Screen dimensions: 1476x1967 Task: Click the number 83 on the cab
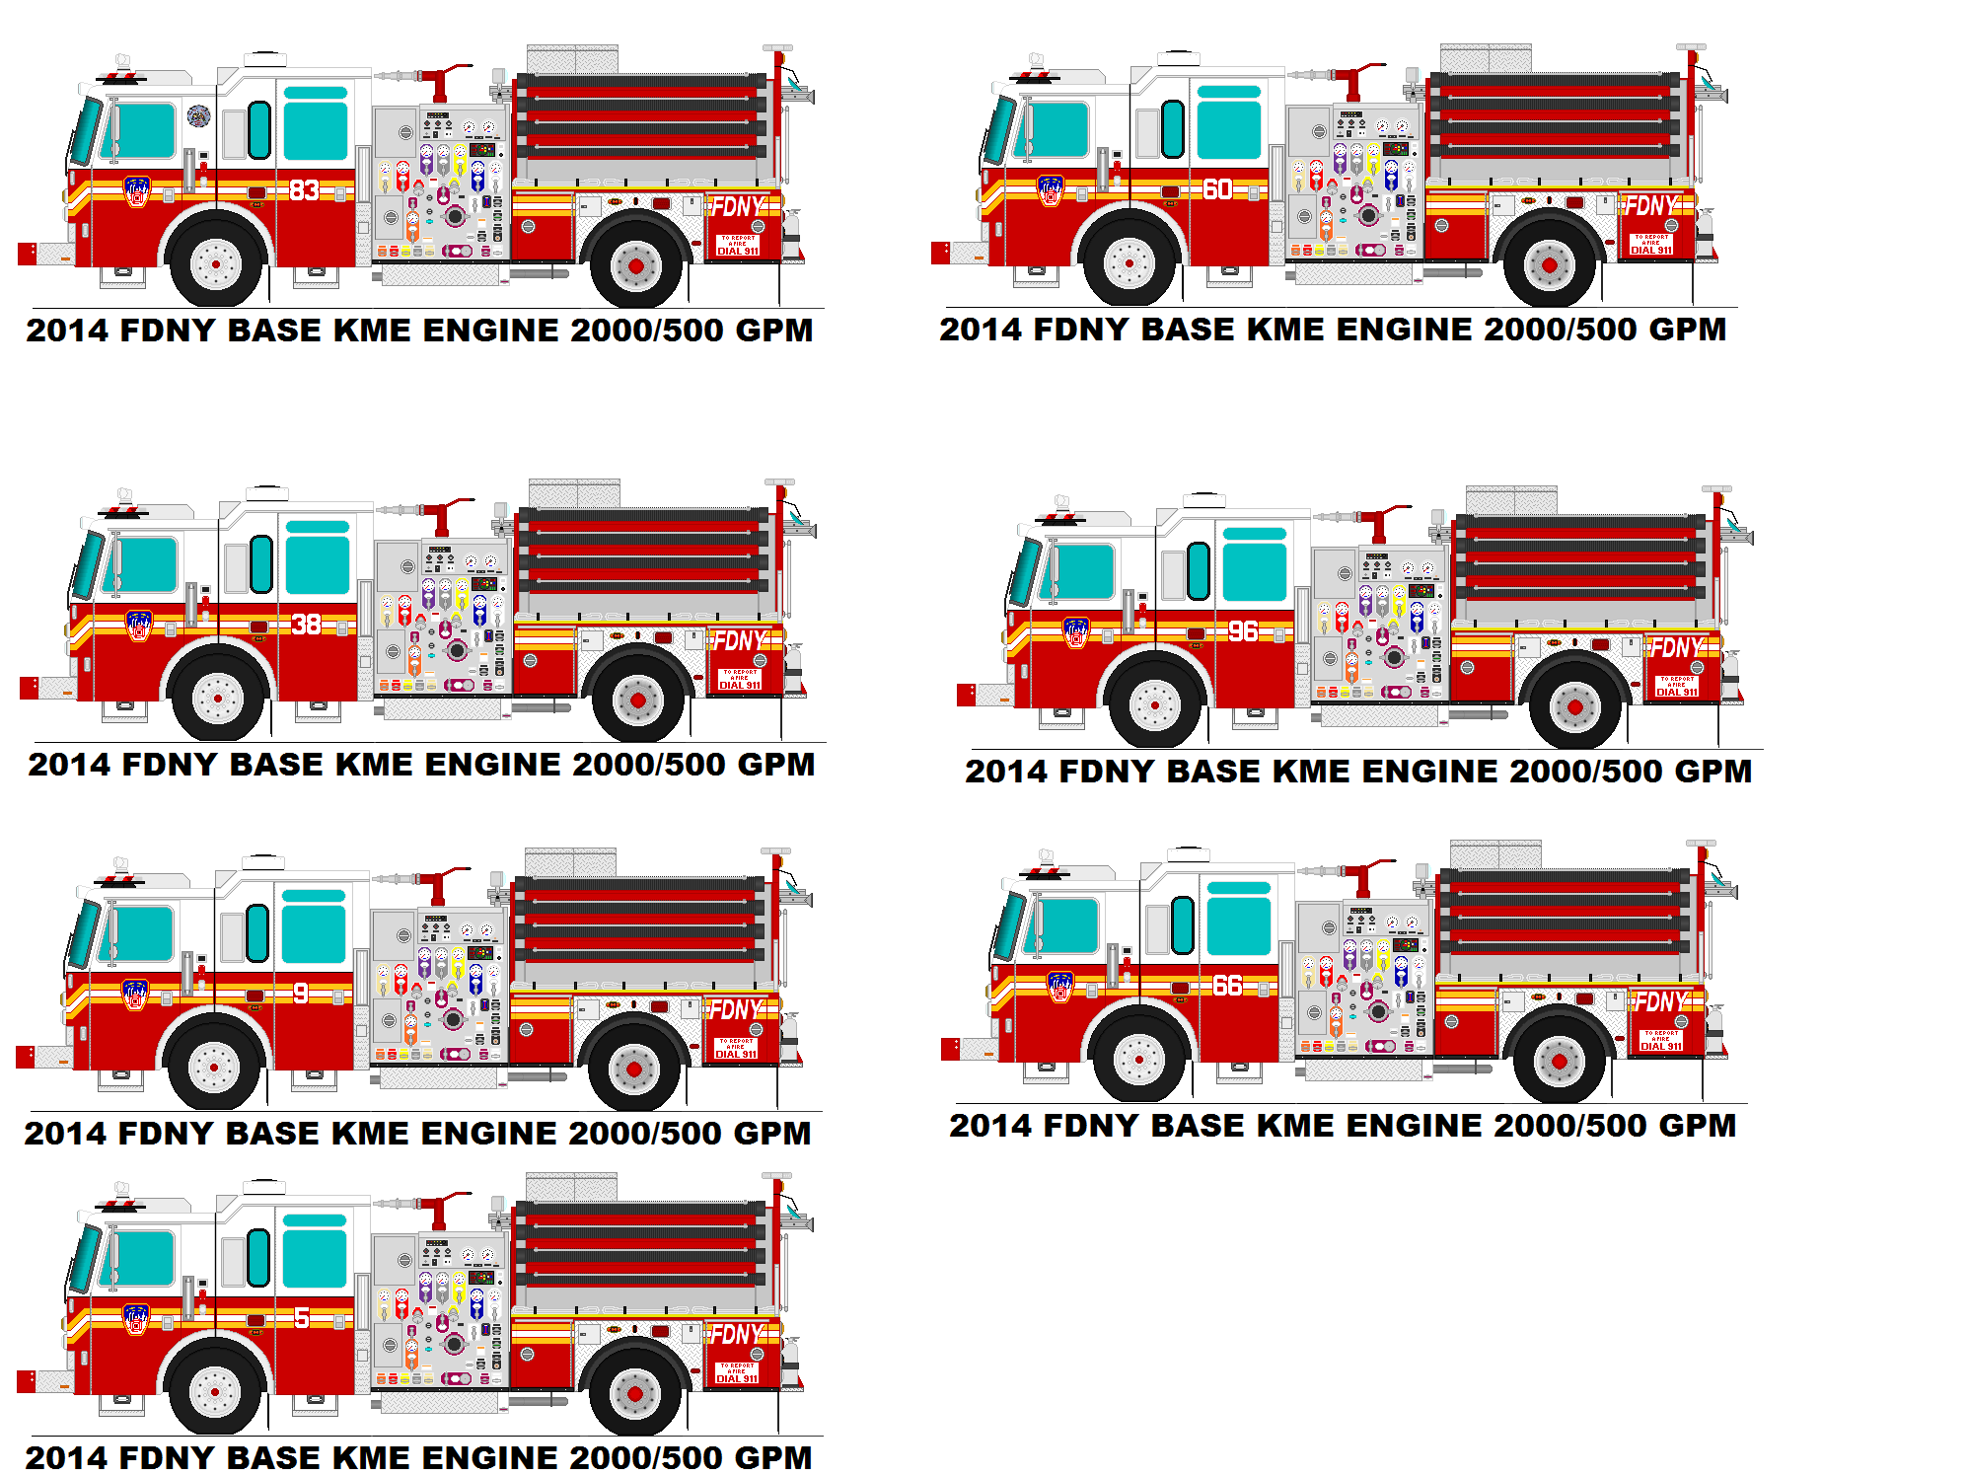tap(304, 189)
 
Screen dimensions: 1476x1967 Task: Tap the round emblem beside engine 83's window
tap(198, 116)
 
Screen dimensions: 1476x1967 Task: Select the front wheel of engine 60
tap(1129, 263)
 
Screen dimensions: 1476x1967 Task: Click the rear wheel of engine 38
tap(637, 700)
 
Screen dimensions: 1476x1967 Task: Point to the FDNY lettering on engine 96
tap(1676, 648)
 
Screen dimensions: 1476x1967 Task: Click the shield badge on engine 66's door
tap(1060, 986)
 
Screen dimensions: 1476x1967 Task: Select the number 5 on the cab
tap(302, 1318)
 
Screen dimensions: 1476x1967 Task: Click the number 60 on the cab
tap(1217, 188)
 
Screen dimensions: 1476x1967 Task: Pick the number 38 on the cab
tap(306, 624)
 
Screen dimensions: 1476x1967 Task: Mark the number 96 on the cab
tap(1243, 631)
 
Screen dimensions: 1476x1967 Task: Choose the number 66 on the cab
tap(1227, 986)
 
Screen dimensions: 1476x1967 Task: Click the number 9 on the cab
tap(301, 994)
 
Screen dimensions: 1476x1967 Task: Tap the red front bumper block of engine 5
tap(27, 1381)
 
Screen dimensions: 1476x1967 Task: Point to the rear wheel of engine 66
tap(1559, 1062)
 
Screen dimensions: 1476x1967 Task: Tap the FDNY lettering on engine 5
tap(737, 1335)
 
